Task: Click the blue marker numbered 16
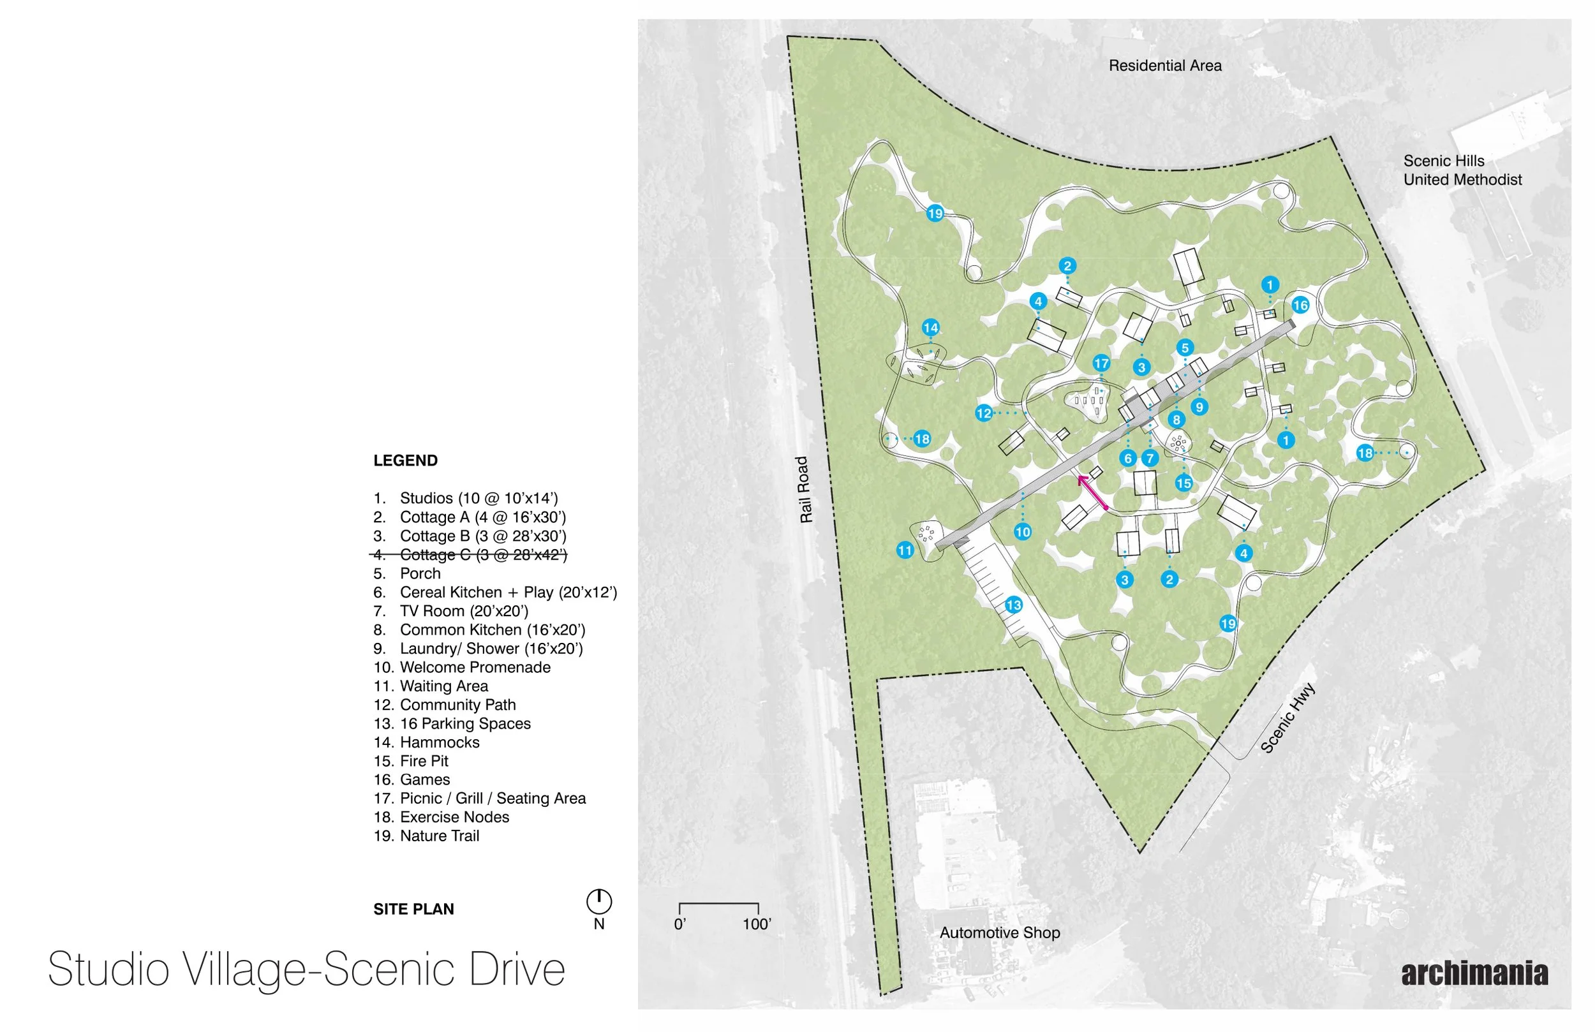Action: coord(1300,306)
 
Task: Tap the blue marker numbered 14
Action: coord(930,328)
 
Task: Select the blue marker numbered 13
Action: coord(1013,605)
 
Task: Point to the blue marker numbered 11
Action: coord(905,550)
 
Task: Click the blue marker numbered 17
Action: coord(1101,363)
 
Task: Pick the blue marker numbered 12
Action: coord(984,413)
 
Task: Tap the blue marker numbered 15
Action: coord(1183,483)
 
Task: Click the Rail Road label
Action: coord(805,489)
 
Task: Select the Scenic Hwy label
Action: coord(1287,718)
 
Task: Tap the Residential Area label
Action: coord(1165,66)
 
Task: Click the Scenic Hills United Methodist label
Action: coord(1462,170)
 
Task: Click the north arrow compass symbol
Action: coord(599,901)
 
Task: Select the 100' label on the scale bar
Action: coord(757,924)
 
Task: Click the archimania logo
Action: coord(1474,974)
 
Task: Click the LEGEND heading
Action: coord(406,461)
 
